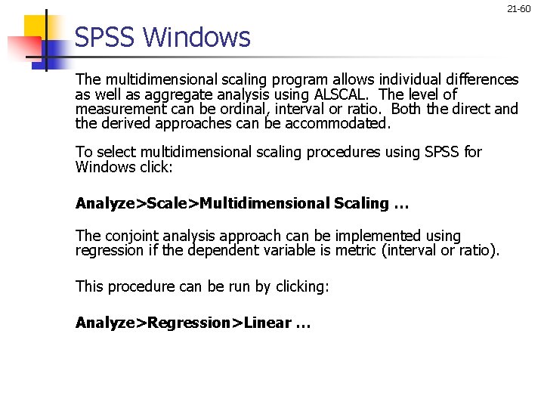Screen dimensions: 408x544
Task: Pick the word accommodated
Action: [x=344, y=123]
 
